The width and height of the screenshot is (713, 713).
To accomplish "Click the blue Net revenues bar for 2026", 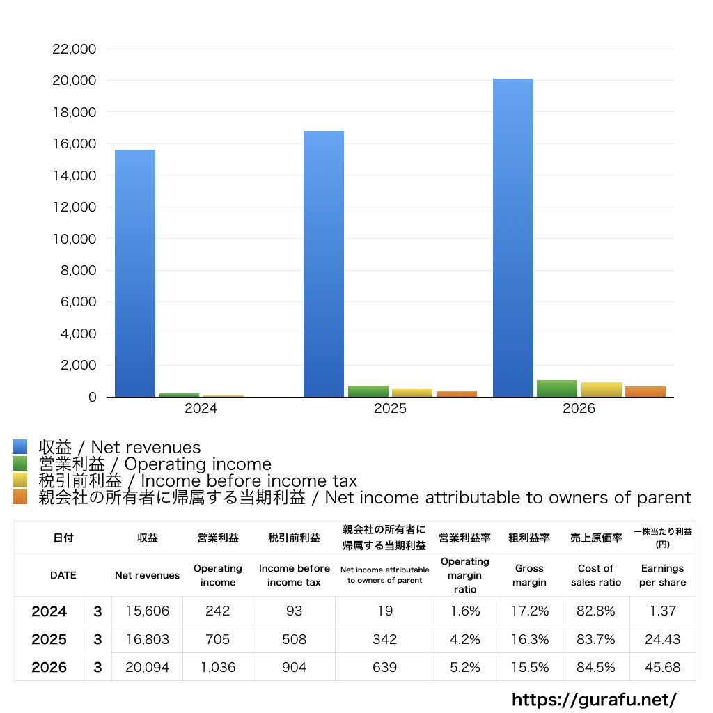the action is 513,238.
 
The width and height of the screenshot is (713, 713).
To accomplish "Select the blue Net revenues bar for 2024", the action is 134,273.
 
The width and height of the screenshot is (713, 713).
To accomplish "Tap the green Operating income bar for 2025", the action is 368,391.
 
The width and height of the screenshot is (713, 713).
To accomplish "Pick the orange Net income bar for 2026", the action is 645,391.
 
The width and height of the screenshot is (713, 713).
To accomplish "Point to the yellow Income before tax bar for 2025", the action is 412,393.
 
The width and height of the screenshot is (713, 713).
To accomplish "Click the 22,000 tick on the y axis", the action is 74,49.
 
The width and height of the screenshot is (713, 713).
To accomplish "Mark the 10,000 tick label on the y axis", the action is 74,239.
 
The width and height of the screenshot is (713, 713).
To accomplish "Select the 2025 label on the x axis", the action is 390,408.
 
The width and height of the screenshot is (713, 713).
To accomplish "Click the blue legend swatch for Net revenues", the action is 20,446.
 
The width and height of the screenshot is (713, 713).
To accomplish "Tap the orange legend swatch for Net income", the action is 20,497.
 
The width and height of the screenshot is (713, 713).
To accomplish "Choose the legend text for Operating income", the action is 155,464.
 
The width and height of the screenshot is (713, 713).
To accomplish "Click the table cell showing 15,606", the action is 148,611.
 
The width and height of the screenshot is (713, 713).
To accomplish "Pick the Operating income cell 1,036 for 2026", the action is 218,667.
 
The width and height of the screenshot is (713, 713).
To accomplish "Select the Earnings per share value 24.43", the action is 663,639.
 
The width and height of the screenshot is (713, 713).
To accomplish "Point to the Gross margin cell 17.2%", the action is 530,611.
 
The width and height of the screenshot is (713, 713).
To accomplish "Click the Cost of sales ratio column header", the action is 596,575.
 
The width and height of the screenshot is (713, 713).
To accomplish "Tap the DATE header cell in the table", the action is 63,575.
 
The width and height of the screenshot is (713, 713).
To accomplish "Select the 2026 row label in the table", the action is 49,667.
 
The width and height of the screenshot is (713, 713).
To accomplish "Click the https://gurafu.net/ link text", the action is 594,699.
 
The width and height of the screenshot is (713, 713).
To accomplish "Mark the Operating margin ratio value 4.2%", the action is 464,639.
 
